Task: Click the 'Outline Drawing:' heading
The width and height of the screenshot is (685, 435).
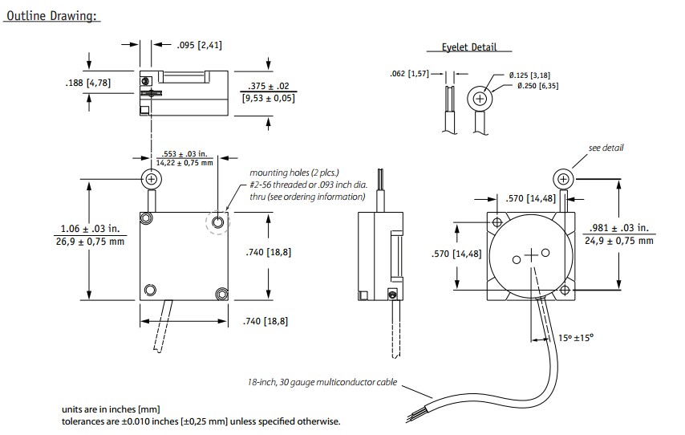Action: click(x=53, y=17)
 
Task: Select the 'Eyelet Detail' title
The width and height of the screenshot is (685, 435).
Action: click(x=469, y=47)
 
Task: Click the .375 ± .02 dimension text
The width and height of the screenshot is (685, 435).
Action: click(x=268, y=87)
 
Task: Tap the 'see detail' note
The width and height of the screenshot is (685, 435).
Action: click(x=606, y=148)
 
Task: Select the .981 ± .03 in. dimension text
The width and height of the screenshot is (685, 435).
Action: click(x=618, y=227)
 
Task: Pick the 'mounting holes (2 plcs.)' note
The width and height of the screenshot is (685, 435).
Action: click(x=294, y=173)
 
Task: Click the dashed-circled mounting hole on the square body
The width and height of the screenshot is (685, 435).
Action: click(x=217, y=222)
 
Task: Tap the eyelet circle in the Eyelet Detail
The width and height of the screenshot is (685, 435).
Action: click(x=480, y=99)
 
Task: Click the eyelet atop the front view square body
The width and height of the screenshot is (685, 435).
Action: click(x=150, y=178)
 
